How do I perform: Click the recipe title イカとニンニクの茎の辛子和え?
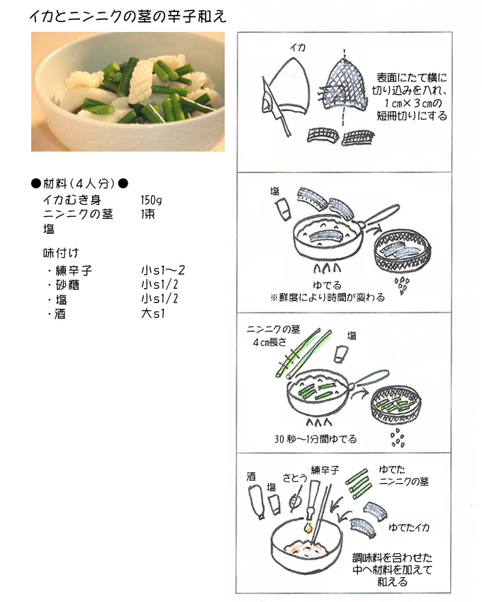point(128,16)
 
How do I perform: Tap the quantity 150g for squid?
point(151,200)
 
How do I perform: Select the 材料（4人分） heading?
point(79,183)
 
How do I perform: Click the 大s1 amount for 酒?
point(152,313)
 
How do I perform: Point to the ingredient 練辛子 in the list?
point(74,271)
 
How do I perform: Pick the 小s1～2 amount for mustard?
point(162,271)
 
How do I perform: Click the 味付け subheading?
point(61,253)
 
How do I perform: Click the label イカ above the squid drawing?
point(298,47)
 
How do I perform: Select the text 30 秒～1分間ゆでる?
point(315,438)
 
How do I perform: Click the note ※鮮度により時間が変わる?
point(327,297)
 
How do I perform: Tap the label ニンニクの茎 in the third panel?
point(273,329)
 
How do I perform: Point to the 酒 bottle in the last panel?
point(256,502)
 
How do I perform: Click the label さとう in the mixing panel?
point(295,477)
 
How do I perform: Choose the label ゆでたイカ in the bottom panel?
point(409,527)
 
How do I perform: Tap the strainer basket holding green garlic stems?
point(396,407)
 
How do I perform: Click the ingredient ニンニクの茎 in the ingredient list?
point(78,214)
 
